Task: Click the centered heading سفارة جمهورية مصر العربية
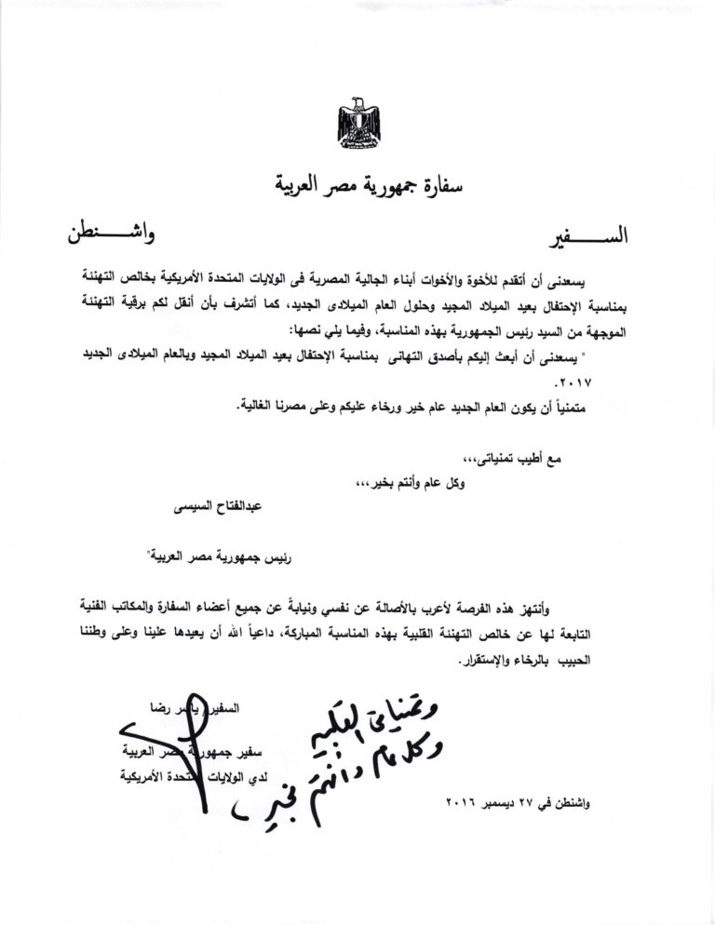coord(357,182)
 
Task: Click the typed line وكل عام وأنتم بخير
coord(425,484)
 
